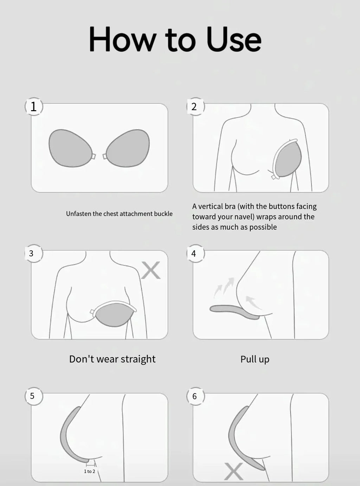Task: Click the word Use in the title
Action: coord(234,39)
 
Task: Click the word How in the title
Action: coord(122,39)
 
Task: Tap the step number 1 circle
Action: coord(34,106)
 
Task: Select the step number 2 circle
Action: coord(194,106)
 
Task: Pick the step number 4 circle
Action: coord(194,253)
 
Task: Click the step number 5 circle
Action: coord(33,396)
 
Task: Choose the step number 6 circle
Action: coord(195,396)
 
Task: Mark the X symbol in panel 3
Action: coord(151,270)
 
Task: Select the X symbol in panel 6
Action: coord(233,471)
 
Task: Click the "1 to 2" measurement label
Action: coord(89,471)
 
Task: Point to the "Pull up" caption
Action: coord(255,359)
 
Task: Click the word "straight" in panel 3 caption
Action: coord(137,359)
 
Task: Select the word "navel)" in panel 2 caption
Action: coord(243,217)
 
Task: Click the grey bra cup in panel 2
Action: coord(289,159)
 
